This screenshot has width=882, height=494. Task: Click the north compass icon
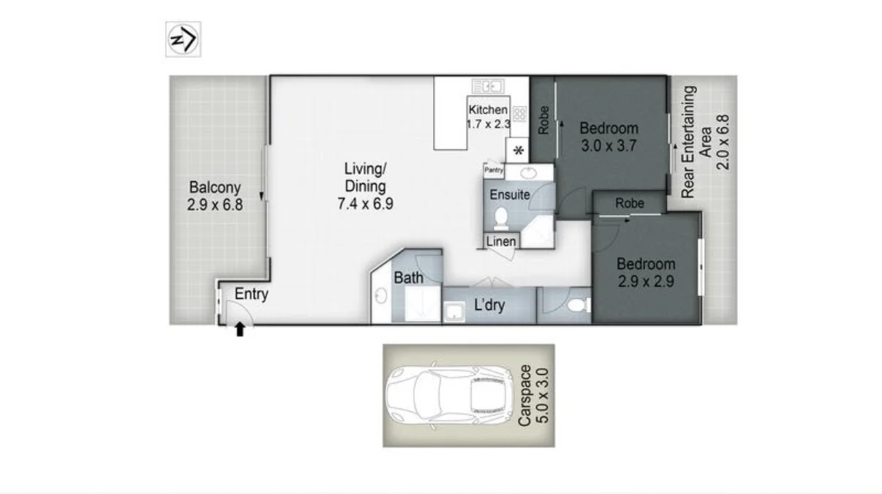pos(183,39)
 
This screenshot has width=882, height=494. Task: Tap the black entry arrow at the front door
pos(240,329)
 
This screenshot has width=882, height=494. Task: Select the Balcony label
pos(214,187)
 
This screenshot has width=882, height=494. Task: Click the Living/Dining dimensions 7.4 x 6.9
pos(366,204)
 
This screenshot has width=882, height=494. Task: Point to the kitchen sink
pos(489,86)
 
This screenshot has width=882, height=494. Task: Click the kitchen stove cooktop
pos(520,114)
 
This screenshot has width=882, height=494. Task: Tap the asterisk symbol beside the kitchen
pos(519,151)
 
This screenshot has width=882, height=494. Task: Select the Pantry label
pos(494,170)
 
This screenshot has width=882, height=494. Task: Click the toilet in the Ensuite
pos(501,218)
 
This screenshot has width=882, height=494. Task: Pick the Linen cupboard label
pos(501,241)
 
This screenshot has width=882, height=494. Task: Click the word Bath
pos(409,278)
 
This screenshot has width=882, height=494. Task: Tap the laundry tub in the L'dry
pos(455,311)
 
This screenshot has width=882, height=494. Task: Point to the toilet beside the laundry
pos(578,305)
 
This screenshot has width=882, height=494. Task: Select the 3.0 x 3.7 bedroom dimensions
pos(608,146)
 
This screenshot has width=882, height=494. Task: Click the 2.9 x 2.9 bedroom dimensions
pos(646,281)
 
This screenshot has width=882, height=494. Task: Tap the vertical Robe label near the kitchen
pos(543,121)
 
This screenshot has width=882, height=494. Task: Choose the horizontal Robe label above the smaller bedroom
pos(630,203)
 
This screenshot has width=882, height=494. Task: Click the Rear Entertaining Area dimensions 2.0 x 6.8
pos(723,142)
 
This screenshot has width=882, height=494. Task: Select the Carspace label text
pos(525,395)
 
